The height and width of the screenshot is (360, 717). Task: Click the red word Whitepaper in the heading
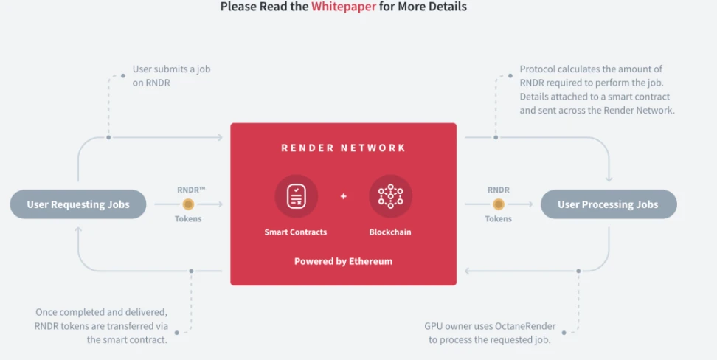(344, 7)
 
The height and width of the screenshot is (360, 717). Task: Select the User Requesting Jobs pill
(78, 204)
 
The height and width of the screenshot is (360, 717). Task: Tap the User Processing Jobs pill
(609, 204)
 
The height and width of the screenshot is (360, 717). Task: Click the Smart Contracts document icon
(296, 196)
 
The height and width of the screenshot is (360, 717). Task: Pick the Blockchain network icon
(390, 196)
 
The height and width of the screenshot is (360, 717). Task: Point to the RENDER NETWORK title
(343, 148)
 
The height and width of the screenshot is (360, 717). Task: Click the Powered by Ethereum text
(343, 261)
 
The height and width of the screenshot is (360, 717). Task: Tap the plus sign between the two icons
(343, 197)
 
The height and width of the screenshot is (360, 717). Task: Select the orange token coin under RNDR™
(188, 204)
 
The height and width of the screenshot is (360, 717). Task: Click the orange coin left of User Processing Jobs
(498, 204)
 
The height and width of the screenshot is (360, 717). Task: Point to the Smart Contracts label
(296, 232)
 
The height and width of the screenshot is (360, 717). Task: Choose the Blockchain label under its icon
(390, 232)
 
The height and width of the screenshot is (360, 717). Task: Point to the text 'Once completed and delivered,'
(102, 312)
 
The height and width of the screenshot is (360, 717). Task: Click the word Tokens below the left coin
(189, 219)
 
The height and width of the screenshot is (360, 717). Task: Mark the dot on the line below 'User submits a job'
(109, 137)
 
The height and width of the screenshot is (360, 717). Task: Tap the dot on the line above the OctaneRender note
(578, 271)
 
